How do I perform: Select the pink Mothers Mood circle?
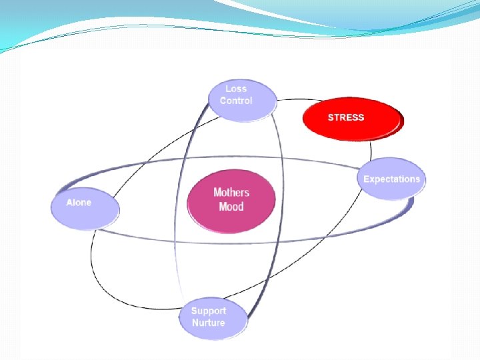(x=231, y=200)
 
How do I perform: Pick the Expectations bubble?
(x=392, y=179)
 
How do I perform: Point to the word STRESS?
(x=346, y=117)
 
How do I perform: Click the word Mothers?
(x=231, y=193)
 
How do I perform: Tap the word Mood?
(x=231, y=207)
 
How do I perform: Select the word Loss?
(x=236, y=89)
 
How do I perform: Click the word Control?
(x=236, y=101)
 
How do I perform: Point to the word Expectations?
(x=392, y=179)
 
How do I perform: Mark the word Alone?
(x=79, y=202)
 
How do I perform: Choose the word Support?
(x=209, y=311)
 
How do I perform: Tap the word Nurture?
(x=209, y=323)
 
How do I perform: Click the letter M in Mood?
(x=223, y=207)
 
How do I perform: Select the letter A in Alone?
(x=69, y=202)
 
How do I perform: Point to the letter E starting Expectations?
(x=367, y=179)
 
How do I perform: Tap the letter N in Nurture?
(x=195, y=323)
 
